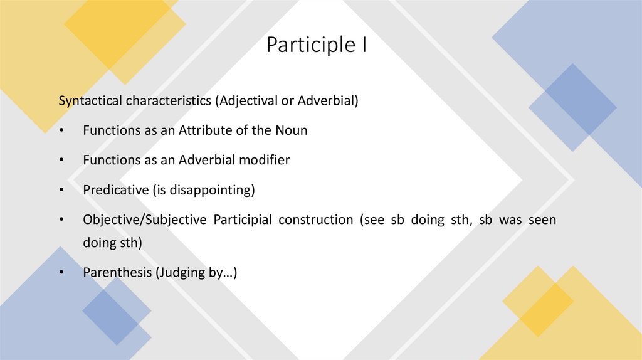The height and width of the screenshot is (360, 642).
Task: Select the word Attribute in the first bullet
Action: [203, 130]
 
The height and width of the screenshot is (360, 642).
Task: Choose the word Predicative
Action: [115, 189]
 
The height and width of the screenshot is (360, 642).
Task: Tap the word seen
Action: [542, 220]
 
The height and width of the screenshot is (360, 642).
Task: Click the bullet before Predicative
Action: [61, 190]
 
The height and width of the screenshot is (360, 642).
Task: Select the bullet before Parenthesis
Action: [61, 273]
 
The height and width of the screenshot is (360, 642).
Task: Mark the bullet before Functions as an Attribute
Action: [61, 131]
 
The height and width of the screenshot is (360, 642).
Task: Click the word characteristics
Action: [167, 101]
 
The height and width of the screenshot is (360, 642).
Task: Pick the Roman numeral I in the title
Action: [364, 46]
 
